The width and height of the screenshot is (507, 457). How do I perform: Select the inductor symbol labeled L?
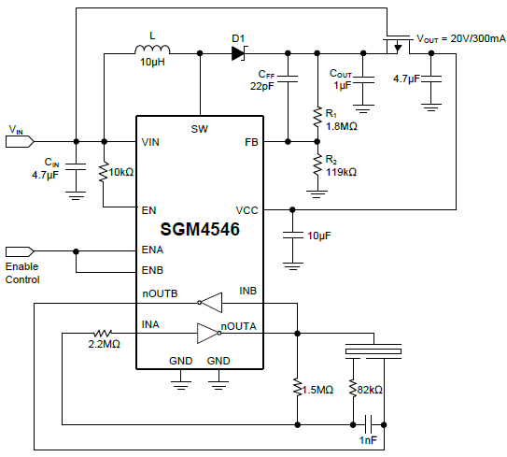click(153, 52)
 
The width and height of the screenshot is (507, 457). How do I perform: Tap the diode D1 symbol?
click(237, 53)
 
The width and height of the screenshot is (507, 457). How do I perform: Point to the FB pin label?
click(250, 142)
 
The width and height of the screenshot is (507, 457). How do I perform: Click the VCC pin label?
click(246, 210)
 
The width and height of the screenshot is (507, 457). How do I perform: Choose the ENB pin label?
click(152, 271)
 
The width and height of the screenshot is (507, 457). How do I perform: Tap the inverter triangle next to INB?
click(213, 302)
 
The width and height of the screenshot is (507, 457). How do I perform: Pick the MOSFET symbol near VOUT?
click(398, 43)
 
